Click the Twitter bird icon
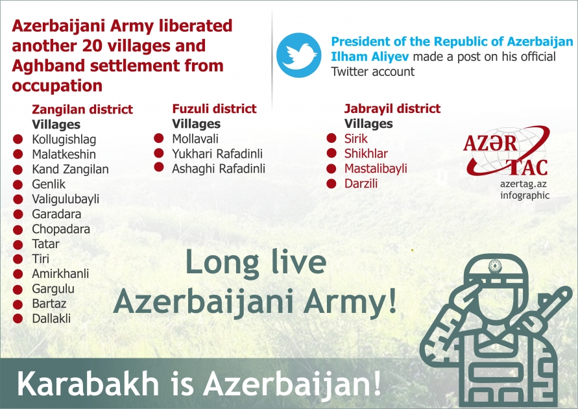[x=298, y=56]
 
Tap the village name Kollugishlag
[x=64, y=140]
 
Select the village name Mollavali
[x=195, y=139]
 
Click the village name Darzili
[x=361, y=184]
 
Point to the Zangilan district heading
[x=82, y=110]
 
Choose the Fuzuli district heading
[x=214, y=108]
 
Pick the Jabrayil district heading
[x=392, y=108]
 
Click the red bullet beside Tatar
[x=19, y=244]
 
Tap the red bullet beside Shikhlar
[x=331, y=154]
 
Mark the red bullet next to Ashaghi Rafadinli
[x=159, y=168]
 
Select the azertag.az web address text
[x=524, y=184]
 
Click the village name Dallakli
[x=51, y=319]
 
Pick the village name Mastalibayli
[x=376, y=169]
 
